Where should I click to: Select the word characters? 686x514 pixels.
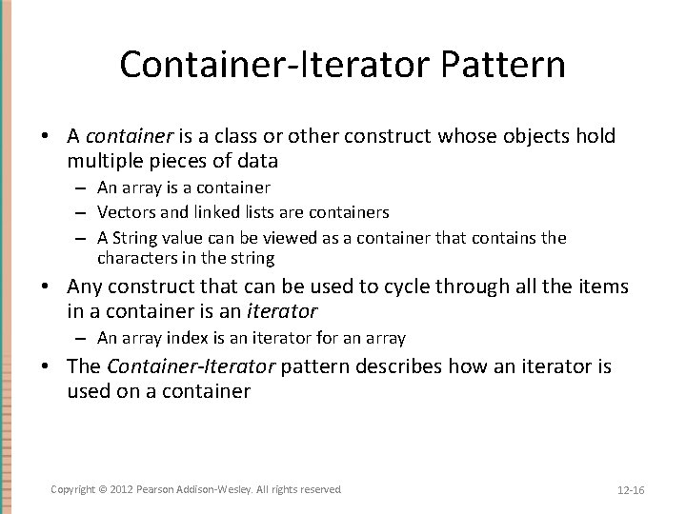pos(134,258)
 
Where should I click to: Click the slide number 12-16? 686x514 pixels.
pos(631,490)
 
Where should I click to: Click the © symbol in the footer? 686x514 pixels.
pos(104,489)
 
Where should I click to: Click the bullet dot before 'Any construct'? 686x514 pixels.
pos(46,286)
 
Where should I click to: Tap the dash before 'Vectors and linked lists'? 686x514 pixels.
pos(85,212)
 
